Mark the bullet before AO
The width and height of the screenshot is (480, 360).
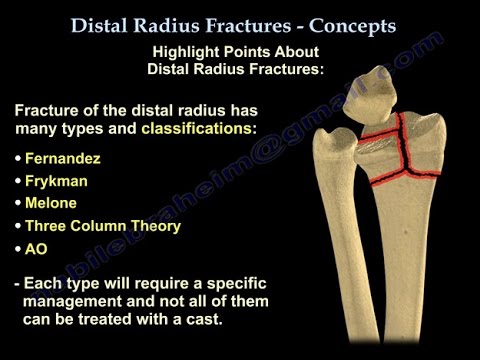click(x=20, y=249)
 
